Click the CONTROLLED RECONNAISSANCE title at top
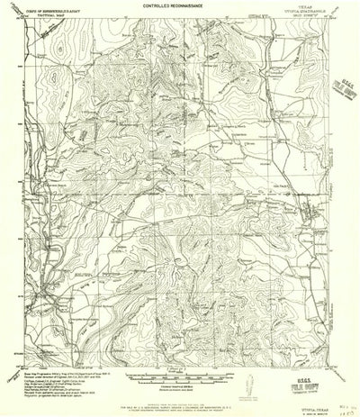[x=179, y=6]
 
